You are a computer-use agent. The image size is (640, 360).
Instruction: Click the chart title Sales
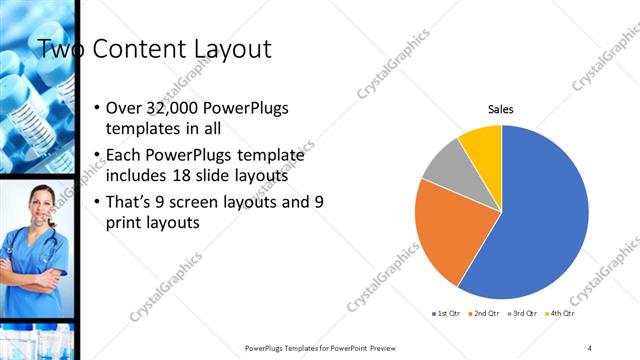[501, 109]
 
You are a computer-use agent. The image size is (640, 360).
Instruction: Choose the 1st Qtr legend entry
[444, 314]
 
